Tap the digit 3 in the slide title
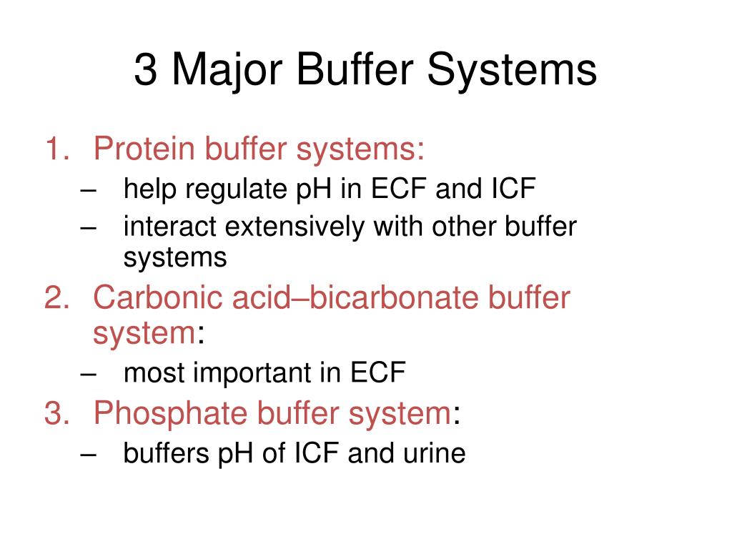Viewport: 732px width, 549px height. pos(145,71)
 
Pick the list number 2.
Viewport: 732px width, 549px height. pos(56,297)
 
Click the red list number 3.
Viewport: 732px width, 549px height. pos(56,413)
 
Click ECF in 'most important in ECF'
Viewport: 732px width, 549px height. pos(378,372)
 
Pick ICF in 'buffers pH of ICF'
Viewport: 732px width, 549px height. pos(317,453)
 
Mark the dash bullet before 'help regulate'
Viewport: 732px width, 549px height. pos(89,190)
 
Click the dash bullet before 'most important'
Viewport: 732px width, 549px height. pos(89,373)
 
